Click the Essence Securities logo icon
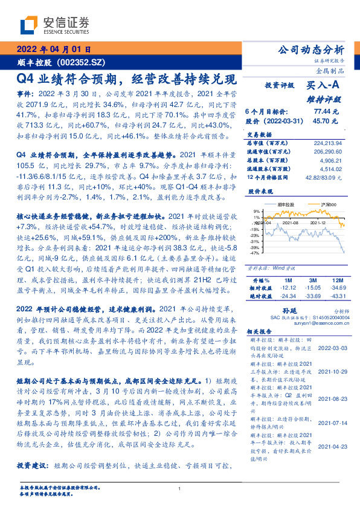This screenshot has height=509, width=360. pos(28,24)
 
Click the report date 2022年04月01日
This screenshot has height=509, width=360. pos(54,50)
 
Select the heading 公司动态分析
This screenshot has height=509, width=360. pos(310,50)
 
